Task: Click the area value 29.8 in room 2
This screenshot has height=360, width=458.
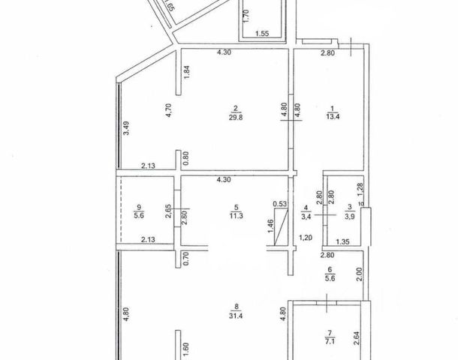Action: pyautogui.click(x=236, y=116)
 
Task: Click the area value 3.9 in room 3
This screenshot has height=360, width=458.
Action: pyautogui.click(x=348, y=218)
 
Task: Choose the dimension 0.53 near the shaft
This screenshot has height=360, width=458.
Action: pyautogui.click(x=279, y=203)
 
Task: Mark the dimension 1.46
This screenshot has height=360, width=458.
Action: pyautogui.click(x=270, y=226)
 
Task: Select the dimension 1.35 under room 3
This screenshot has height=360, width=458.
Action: pyautogui.click(x=342, y=242)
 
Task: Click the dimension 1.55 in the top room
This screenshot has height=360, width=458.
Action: pyautogui.click(x=262, y=34)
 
